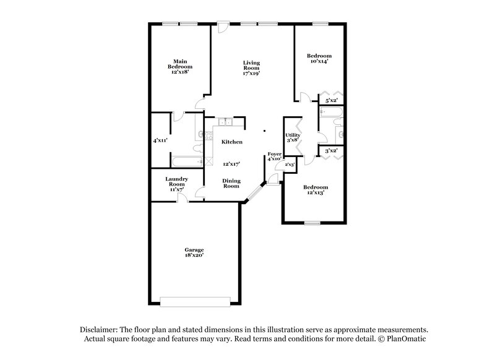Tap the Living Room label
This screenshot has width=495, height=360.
(251, 67)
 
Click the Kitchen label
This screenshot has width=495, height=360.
(232, 142)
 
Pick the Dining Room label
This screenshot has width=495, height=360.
(231, 183)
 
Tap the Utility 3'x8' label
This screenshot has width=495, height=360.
(292, 137)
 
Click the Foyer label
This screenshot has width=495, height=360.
(274, 155)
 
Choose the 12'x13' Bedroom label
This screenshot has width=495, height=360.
(316, 190)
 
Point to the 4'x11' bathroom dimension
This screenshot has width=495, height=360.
(161, 140)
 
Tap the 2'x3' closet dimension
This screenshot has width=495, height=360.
(290, 165)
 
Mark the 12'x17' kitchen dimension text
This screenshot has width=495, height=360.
(231, 163)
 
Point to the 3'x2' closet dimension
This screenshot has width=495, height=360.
(331, 150)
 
